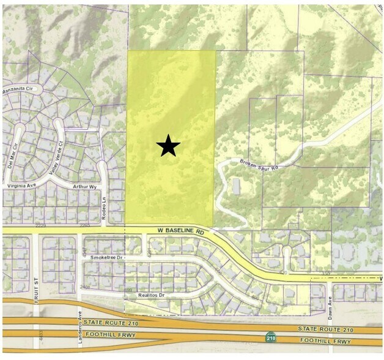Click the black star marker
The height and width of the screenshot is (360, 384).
(x=168, y=146)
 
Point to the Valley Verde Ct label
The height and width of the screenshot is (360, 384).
(x=60, y=157)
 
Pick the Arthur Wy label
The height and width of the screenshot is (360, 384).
(x=84, y=186)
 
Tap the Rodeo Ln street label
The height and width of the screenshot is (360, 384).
(x=104, y=200)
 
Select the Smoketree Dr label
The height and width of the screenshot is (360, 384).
(x=107, y=258)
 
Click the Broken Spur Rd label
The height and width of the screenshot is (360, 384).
(x=259, y=165)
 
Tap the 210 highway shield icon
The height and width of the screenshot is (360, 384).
(x=270, y=336)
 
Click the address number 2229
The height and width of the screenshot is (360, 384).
(x=41, y=225)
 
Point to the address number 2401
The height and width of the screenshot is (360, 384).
(x=84, y=286)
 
